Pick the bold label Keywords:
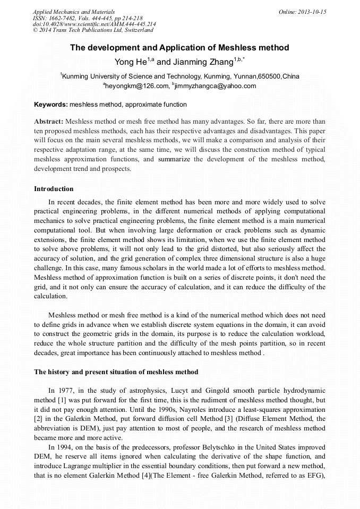[51, 105]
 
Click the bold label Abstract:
[48, 122]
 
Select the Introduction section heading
[54, 189]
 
